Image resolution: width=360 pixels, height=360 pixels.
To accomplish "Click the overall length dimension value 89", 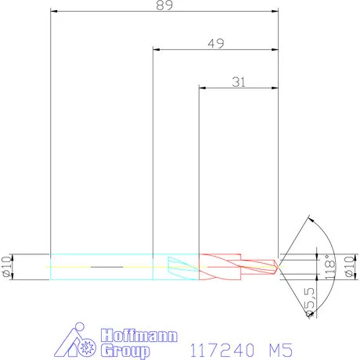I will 164,5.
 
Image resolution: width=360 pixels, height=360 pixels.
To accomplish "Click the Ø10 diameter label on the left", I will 6,266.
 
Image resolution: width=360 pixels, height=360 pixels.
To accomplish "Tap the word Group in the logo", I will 124,351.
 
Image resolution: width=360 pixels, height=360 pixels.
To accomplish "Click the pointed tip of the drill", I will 279,266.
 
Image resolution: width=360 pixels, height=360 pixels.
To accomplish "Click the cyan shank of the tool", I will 102,266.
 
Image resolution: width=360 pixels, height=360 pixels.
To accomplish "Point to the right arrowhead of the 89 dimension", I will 276,12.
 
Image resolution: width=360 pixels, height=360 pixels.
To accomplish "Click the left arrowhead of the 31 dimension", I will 203,88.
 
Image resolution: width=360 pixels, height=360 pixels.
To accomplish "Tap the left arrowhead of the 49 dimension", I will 155,50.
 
